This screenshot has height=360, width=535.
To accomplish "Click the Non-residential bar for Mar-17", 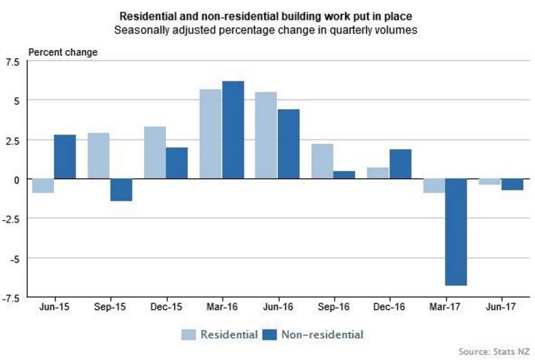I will [456, 232].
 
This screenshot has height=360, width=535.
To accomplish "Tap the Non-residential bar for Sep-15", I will [121, 190].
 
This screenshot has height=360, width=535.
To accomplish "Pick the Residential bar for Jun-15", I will [43, 185].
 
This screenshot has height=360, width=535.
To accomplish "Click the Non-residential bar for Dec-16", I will [400, 164].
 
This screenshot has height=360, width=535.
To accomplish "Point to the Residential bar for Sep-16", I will [322, 161].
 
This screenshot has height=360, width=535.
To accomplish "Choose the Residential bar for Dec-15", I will [154, 153].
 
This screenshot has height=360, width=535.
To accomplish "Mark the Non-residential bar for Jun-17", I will [512, 184].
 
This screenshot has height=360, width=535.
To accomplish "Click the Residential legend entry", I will [220, 334].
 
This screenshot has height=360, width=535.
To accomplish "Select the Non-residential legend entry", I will [319, 334].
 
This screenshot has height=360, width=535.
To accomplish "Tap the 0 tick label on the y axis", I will [17, 179].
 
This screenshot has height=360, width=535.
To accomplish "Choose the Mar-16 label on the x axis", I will [221, 308].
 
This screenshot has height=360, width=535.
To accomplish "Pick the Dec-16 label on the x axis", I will [389, 308].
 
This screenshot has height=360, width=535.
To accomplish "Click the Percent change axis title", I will [62, 52].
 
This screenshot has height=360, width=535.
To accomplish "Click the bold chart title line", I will [267, 15].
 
